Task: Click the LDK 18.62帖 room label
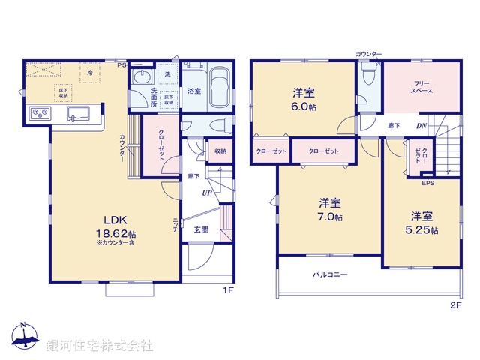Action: [115, 226]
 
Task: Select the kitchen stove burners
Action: [39, 114]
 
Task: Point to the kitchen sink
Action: [78, 114]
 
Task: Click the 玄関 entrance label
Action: [202, 229]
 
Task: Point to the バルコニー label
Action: [330, 275]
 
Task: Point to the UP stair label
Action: [205, 193]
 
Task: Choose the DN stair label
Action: [421, 126]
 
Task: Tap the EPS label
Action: [427, 183]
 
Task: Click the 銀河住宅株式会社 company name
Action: [100, 346]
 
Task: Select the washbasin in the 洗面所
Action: [141, 78]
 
